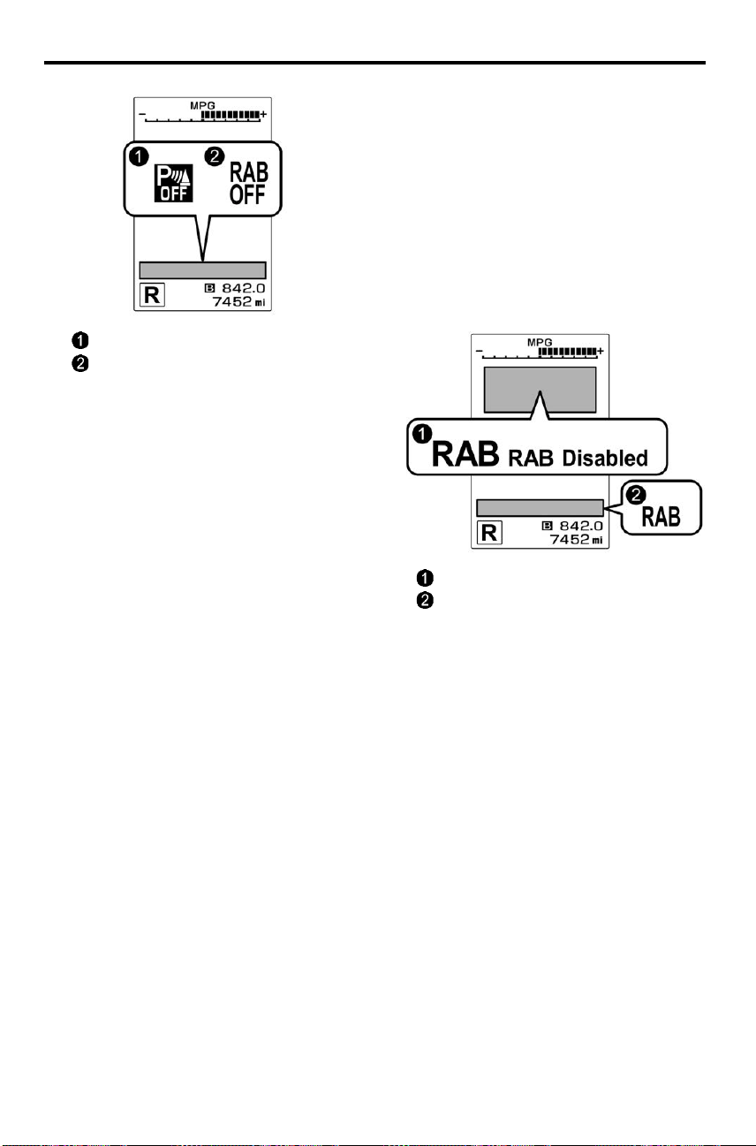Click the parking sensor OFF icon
(174, 183)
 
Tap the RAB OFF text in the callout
(248, 183)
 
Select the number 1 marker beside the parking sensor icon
(140, 156)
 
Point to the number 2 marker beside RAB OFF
(215, 156)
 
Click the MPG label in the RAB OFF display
(202, 105)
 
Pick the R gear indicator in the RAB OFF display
(152, 295)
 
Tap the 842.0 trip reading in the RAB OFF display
(244, 288)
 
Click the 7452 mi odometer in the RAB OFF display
(238, 302)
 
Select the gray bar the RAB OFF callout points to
(202, 270)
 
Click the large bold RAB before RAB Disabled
(465, 453)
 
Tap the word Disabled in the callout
(605, 458)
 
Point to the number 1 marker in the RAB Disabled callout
(422, 435)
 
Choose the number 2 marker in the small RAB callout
(636, 495)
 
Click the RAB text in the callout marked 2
(661, 517)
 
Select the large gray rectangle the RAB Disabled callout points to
(541, 390)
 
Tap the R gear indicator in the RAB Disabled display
(489, 533)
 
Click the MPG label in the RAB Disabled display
(540, 342)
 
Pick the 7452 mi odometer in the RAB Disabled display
(577, 539)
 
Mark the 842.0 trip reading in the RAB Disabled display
(581, 526)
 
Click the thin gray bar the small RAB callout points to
(541, 507)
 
